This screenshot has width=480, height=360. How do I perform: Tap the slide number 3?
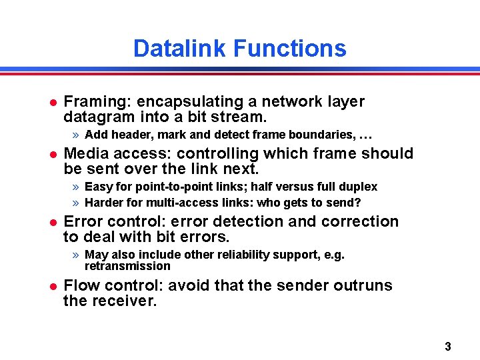coord(447,346)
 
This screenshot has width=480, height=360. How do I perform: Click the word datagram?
coord(94,117)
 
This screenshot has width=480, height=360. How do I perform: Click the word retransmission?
coord(127,266)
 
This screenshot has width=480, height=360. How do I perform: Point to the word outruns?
coord(367,286)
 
